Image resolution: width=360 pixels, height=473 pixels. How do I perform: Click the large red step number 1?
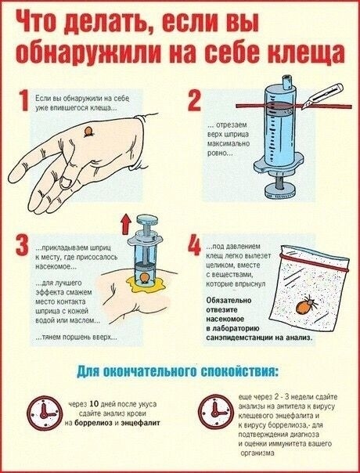click(23, 100)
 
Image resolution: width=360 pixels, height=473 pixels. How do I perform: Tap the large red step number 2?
click(194, 100)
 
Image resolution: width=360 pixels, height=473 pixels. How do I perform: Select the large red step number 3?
click(22, 244)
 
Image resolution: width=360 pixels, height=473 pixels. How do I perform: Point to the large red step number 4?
click(194, 244)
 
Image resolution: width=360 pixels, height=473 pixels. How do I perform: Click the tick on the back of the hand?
click(88, 132)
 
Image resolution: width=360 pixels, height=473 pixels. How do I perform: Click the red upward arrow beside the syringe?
click(125, 224)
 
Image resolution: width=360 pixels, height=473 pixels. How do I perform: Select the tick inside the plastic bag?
click(305, 305)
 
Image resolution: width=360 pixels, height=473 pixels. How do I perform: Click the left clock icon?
click(45, 413)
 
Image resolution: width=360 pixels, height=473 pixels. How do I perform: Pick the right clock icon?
click(216, 411)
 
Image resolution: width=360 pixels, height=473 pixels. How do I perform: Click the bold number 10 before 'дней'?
click(94, 403)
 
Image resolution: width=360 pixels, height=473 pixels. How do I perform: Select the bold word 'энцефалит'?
click(140, 423)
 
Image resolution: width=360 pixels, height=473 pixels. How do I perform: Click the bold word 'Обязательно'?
click(229, 301)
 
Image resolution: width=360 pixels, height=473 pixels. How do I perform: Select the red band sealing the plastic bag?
click(314, 262)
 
